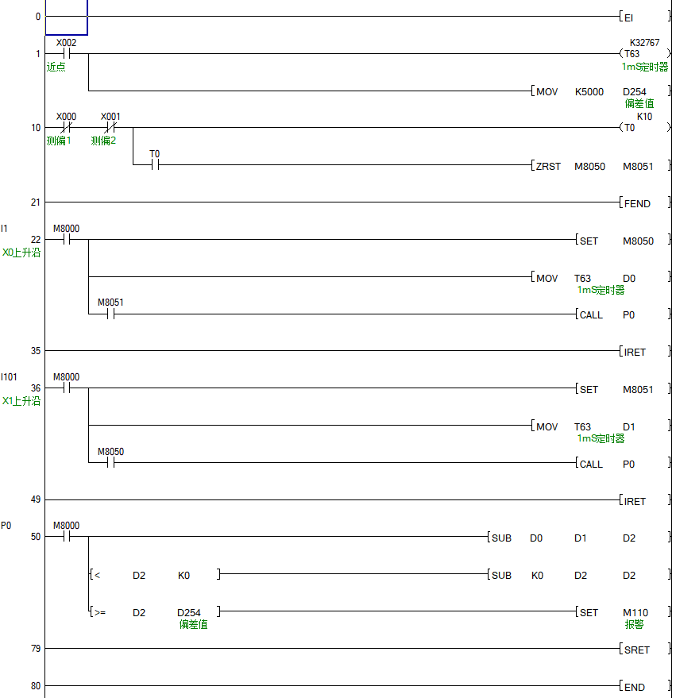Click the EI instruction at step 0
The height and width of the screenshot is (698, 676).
coord(628,17)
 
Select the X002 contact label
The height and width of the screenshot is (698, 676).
coord(66,43)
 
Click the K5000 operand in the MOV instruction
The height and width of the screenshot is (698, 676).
coord(589,92)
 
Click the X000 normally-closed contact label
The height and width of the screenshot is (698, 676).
coord(66,117)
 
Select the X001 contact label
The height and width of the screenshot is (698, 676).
coord(110,117)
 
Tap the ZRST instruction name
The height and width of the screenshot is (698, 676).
coord(548,167)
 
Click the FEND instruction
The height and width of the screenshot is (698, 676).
coord(636,203)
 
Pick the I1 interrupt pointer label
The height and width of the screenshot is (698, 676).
coord(5,229)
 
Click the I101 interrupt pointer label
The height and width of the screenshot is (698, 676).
coord(9,377)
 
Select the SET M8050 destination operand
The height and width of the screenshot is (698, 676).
coord(637,241)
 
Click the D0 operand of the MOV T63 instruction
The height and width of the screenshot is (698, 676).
coord(628,278)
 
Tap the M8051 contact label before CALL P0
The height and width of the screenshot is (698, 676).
coord(110,303)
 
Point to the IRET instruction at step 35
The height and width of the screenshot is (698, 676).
coord(635,352)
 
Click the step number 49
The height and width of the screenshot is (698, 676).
coord(35,499)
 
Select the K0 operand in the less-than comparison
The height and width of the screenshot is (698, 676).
coord(183,575)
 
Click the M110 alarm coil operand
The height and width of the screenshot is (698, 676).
coord(635,612)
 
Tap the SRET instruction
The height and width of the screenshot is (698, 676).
coord(636,650)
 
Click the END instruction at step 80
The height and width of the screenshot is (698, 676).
coord(634,687)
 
